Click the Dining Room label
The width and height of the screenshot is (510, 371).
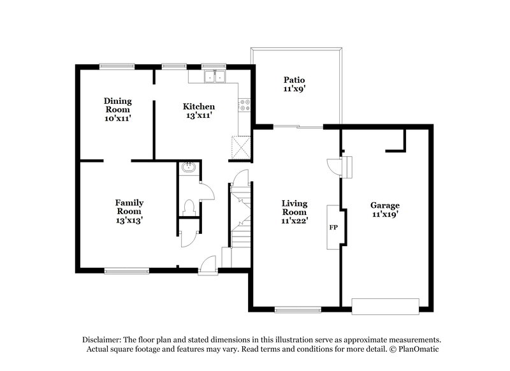pyautogui.click(x=118, y=109)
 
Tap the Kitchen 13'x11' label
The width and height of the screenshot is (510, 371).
pyautogui.click(x=198, y=111)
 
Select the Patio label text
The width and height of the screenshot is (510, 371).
pyautogui.click(x=294, y=84)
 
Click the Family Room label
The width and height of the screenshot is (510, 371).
pyautogui.click(x=129, y=211)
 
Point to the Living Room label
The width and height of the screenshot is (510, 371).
pyautogui.click(x=295, y=212)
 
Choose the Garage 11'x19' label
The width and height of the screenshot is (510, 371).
pyautogui.click(x=385, y=210)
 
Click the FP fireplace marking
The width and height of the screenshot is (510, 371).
pyautogui.click(x=333, y=227)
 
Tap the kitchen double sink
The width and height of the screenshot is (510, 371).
pyautogui.click(x=215, y=77)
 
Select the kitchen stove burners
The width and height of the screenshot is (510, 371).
pyautogui.click(x=244, y=106)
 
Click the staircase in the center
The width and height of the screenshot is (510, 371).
pyautogui.click(x=242, y=217)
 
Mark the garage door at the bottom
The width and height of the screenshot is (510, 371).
pyautogui.click(x=386, y=306)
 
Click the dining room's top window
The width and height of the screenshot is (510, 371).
pyautogui.click(x=116, y=65)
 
